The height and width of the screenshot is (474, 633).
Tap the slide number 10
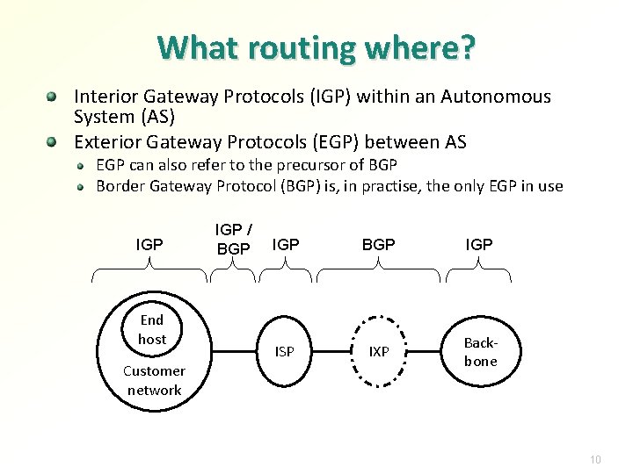(x=595, y=459)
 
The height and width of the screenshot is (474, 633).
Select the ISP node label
(x=285, y=352)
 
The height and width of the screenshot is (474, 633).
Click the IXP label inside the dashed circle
(x=379, y=352)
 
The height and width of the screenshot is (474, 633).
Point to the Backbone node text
(x=480, y=352)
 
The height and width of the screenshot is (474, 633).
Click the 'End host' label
(x=151, y=329)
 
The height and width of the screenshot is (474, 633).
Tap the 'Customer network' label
(x=154, y=380)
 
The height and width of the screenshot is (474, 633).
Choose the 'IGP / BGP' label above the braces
(x=233, y=239)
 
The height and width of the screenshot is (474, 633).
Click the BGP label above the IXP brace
(x=379, y=245)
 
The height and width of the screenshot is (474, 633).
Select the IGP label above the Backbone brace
(x=479, y=245)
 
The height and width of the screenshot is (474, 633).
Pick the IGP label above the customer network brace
(x=150, y=245)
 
